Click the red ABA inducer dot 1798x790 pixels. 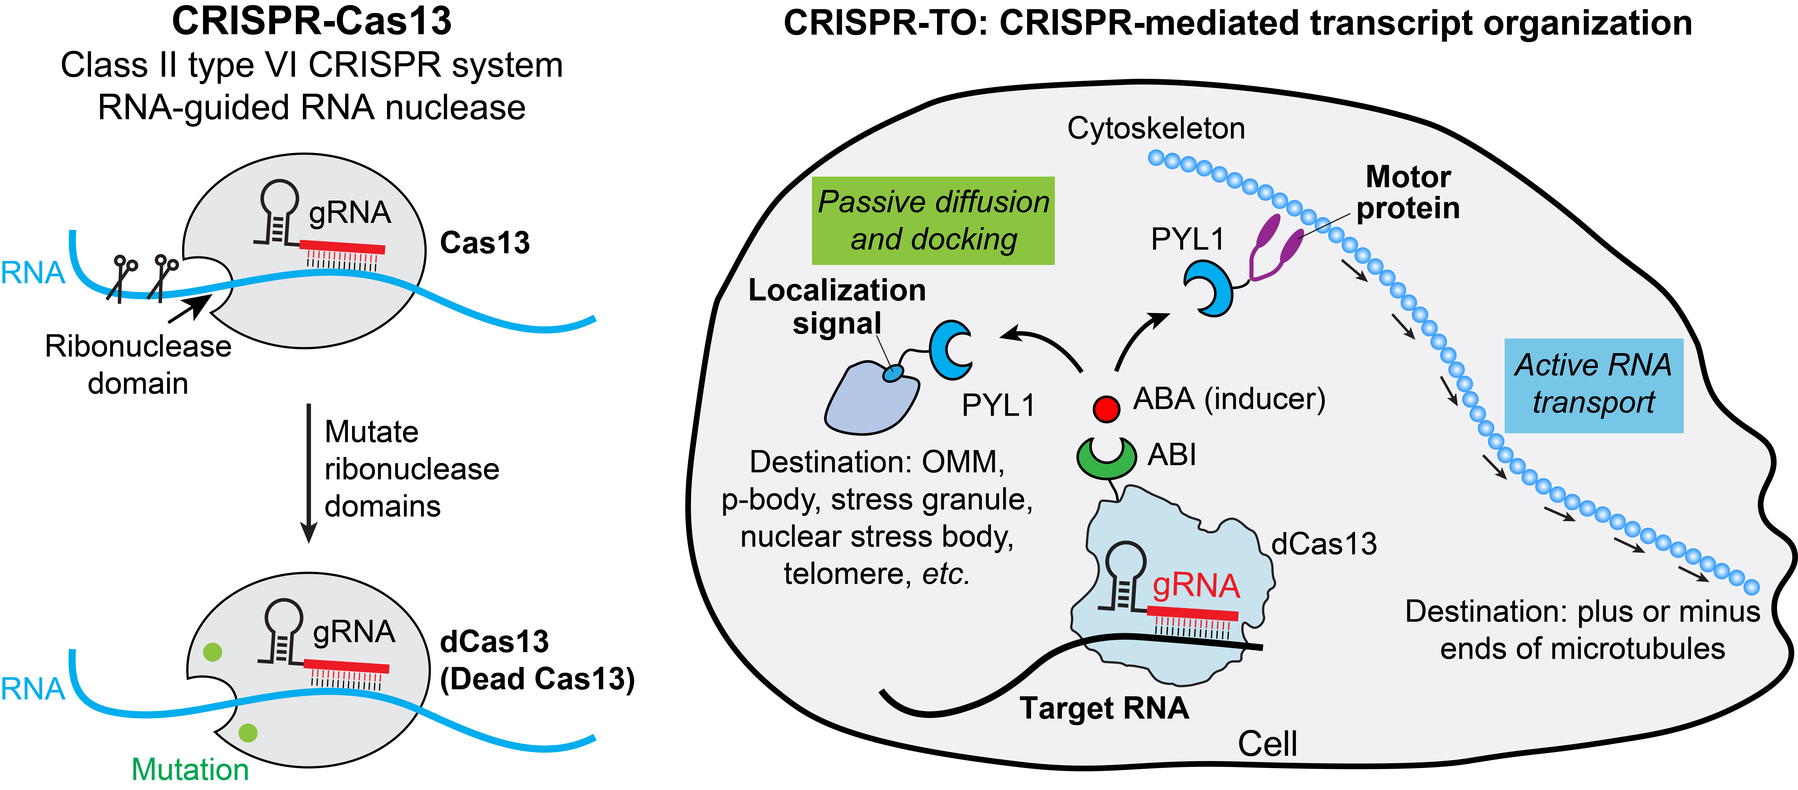(1106, 408)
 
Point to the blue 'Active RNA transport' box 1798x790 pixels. (1593, 385)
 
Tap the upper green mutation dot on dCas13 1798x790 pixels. (212, 652)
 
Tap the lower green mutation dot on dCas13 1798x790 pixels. (248, 732)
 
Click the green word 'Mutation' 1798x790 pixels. (190, 769)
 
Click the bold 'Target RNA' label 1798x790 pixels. (1104, 708)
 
